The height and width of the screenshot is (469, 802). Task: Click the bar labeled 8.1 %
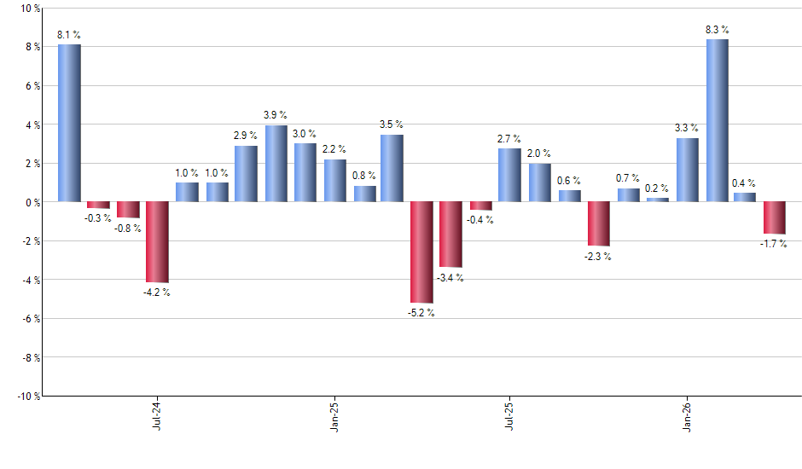(69, 123)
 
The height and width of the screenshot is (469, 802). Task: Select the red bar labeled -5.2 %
(421, 252)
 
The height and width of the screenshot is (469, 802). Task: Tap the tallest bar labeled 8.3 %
(717, 120)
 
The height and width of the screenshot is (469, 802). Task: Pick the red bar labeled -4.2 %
(158, 242)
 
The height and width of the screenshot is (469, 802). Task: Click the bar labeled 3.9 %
(276, 164)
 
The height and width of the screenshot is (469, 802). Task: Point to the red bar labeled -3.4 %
(450, 234)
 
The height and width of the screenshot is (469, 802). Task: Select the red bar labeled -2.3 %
(598, 223)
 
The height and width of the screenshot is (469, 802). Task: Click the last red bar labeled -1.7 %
(775, 217)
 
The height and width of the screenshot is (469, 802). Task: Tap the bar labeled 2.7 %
(509, 175)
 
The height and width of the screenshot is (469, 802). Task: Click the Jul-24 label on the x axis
(158, 417)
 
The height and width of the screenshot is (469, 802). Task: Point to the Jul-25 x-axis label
(510, 417)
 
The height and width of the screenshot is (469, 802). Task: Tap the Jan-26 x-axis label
(688, 417)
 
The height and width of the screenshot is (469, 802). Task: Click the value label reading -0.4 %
(480, 220)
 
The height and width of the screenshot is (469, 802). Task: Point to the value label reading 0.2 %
(657, 188)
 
